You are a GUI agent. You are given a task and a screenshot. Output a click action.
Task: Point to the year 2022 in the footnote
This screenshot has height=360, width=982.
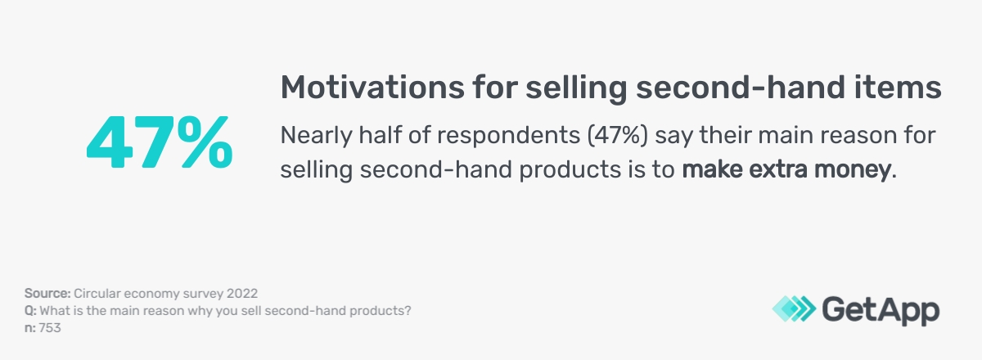[x=244, y=293]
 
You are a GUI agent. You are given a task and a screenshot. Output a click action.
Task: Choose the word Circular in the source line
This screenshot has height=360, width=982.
[x=97, y=293]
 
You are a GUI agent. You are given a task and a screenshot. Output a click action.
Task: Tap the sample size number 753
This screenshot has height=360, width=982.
[x=50, y=328]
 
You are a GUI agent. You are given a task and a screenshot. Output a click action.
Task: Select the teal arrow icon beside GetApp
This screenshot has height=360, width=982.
[x=791, y=309]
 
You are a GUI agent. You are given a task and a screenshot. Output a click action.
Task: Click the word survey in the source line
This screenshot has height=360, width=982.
[x=200, y=293]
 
